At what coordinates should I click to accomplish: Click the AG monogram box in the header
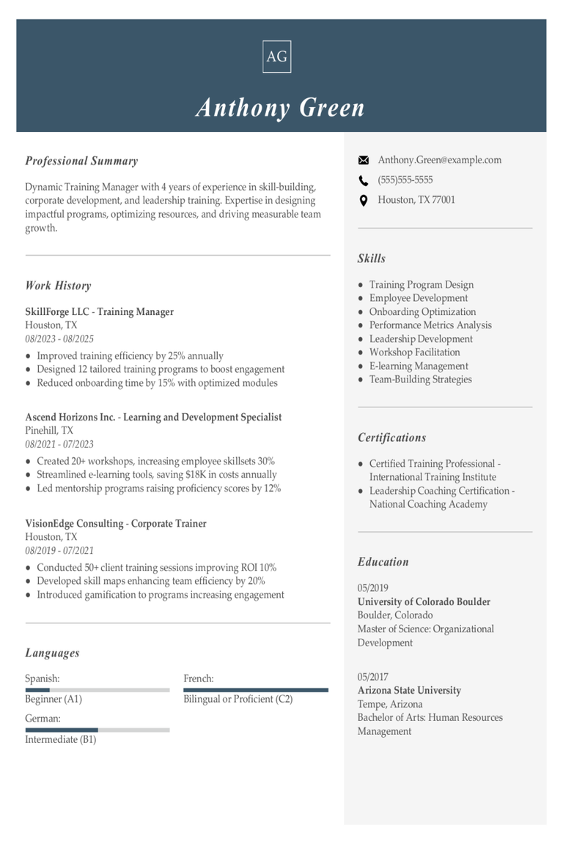[x=276, y=56]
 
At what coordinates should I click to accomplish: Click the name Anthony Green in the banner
[x=280, y=108]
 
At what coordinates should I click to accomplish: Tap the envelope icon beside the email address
[x=363, y=160]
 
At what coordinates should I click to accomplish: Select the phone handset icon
[x=363, y=180]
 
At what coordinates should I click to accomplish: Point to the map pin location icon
[x=363, y=200]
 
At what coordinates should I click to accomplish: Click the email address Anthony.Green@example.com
[x=439, y=160]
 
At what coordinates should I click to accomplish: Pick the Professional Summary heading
[x=81, y=161]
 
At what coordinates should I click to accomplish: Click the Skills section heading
[x=372, y=259]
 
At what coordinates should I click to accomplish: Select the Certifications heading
[x=391, y=437]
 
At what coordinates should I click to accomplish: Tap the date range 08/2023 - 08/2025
[x=59, y=338]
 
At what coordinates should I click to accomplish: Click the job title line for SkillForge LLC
[x=99, y=311]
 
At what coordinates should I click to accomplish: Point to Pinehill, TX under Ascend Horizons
[x=49, y=430]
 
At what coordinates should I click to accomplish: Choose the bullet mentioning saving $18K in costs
[x=157, y=475]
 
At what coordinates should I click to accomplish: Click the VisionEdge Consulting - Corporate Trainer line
[x=116, y=523]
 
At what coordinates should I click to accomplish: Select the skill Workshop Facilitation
[x=414, y=352]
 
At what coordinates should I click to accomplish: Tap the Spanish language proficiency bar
[x=97, y=689]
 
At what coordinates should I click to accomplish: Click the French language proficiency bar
[x=255, y=689]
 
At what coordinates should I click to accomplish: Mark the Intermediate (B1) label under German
[x=61, y=739]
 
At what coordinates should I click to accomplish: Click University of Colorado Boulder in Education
[x=424, y=601]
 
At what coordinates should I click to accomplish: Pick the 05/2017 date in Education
[x=373, y=676]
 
